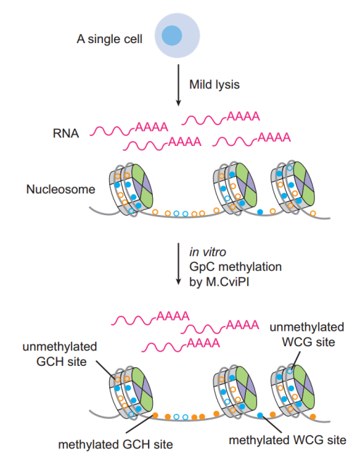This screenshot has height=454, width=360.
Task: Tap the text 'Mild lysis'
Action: tap(214, 85)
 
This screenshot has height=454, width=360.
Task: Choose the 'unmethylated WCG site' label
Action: tap(309, 334)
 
